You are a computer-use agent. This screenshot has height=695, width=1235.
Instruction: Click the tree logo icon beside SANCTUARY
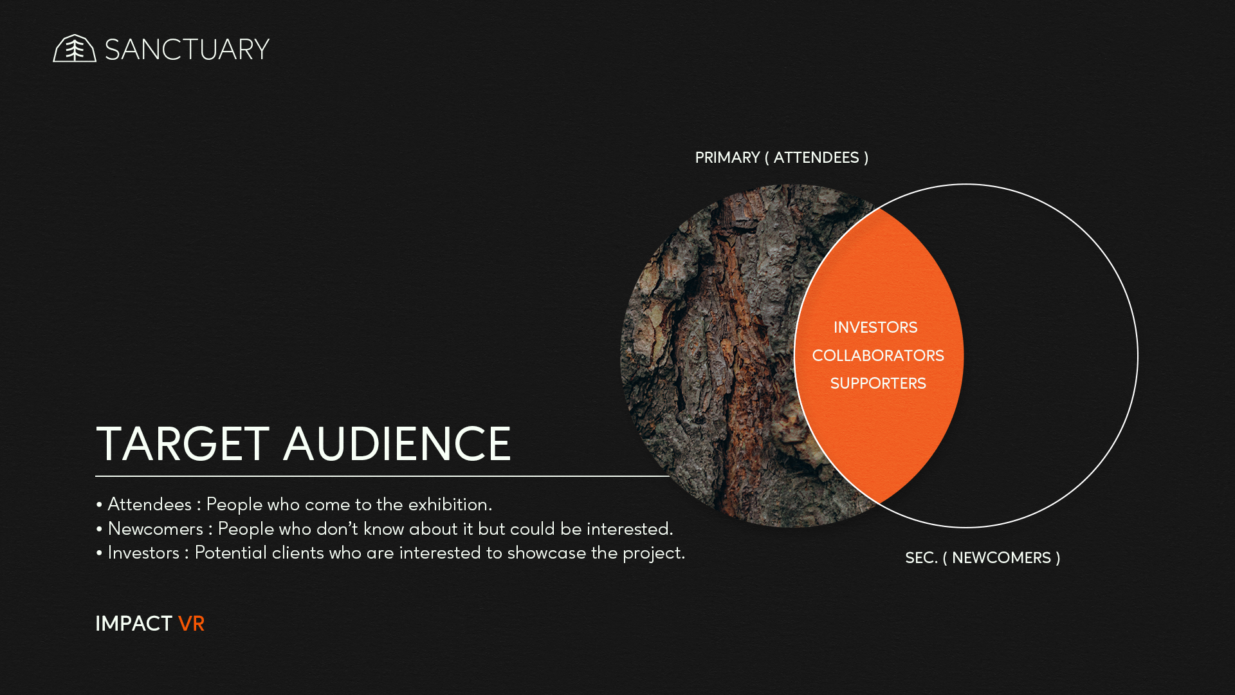click(x=75, y=48)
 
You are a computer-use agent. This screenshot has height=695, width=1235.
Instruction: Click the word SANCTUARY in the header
click(x=187, y=50)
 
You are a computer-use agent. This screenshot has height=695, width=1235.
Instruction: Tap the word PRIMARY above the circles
click(x=727, y=158)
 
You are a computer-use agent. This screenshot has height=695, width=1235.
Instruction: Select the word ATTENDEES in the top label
click(x=816, y=158)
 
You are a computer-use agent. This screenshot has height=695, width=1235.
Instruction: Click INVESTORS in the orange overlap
click(x=875, y=328)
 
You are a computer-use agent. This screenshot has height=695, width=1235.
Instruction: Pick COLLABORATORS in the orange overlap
click(x=878, y=356)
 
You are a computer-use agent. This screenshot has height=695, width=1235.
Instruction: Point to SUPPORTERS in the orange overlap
click(x=878, y=384)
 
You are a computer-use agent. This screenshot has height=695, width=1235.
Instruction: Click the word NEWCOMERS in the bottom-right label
click(x=1001, y=558)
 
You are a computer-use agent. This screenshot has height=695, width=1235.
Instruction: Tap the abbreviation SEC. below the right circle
click(x=921, y=558)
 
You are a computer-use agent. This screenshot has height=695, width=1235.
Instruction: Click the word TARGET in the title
click(x=183, y=444)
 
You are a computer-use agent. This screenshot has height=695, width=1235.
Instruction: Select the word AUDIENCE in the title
click(x=398, y=444)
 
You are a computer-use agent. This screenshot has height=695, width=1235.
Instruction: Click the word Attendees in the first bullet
click(x=149, y=505)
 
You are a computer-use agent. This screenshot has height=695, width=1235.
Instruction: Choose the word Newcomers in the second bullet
click(x=155, y=529)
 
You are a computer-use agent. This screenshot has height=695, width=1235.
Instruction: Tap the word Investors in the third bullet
click(x=143, y=553)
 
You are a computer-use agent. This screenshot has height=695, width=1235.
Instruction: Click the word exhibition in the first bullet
click(x=450, y=505)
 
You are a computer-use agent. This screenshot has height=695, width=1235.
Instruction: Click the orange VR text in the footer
click(x=191, y=624)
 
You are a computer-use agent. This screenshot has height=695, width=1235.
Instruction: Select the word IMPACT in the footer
click(x=134, y=624)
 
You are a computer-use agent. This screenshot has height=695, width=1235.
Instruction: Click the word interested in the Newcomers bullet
click(x=629, y=529)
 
